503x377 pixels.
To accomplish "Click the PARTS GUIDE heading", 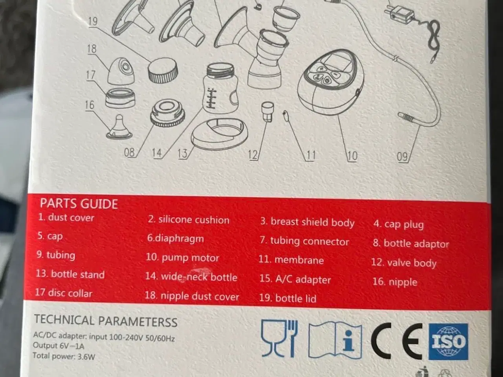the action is click(79, 204).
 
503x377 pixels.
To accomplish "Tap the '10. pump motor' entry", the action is click(182, 258).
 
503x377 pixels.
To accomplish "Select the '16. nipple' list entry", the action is click(395, 282).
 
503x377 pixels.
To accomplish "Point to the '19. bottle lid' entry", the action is click(288, 298).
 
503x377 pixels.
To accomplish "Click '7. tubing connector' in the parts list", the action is click(305, 241).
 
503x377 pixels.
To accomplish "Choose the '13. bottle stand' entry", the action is click(70, 274).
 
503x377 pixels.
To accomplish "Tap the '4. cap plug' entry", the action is click(398, 225).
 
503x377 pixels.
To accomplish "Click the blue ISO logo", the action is click(448, 342).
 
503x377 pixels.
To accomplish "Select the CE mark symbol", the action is click(397, 341).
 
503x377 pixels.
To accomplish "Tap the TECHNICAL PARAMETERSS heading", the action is click(106, 321).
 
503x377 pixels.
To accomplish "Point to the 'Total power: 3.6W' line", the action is click(64, 356).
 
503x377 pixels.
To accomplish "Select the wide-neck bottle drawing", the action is click(220, 88).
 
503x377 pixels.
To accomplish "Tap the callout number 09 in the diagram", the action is click(402, 157).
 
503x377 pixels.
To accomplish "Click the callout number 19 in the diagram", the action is click(93, 22).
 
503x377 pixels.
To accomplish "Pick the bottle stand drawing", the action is click(220, 134).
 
